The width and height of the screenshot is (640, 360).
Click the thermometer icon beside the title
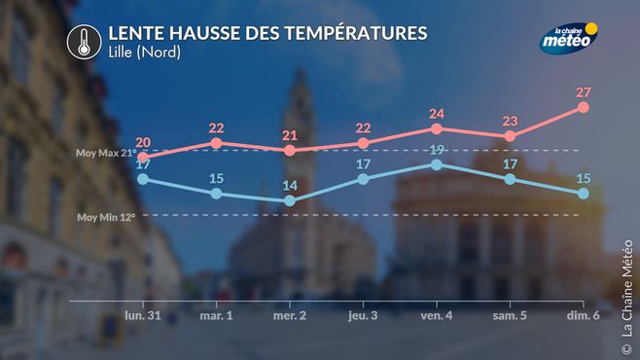click(84, 42)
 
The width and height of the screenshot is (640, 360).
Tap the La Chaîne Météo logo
click(569, 38)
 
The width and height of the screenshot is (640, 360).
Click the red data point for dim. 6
click(584, 107)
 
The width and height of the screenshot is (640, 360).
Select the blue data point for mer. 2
click(290, 200)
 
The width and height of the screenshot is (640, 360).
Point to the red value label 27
click(584, 92)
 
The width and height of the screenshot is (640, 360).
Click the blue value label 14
click(290, 186)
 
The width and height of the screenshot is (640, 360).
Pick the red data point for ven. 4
click(437, 129)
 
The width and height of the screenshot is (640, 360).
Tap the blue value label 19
click(437, 150)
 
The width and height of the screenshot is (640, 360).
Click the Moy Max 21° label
click(106, 153)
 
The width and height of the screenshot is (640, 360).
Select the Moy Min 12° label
click(106, 217)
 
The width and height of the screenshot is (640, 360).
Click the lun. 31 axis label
click(143, 315)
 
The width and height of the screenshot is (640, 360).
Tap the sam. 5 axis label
click(510, 315)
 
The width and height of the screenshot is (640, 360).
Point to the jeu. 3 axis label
click(363, 315)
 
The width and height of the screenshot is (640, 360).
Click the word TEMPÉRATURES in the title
click(356, 33)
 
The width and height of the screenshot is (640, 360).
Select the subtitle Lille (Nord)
click(145, 52)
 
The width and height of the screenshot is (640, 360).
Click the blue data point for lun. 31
click(143, 179)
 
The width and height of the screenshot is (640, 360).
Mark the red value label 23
click(510, 122)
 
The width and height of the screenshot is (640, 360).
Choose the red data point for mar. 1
click(216, 143)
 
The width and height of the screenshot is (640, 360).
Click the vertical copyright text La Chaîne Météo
click(626, 297)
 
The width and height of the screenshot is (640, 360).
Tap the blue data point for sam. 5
click(510, 179)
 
